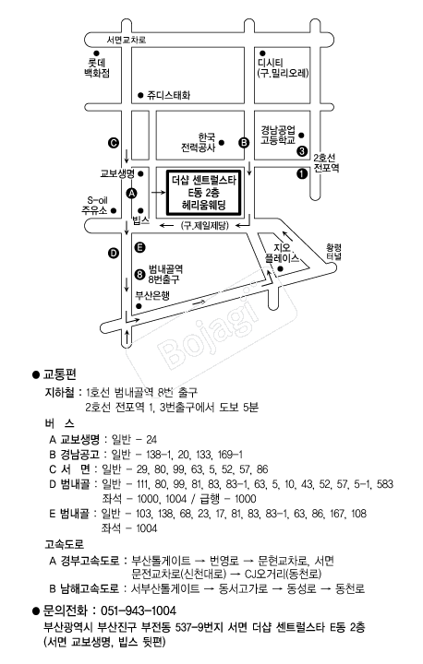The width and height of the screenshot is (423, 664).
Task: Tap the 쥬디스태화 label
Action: click(167, 95)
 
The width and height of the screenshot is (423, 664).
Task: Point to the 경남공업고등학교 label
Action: click(278, 136)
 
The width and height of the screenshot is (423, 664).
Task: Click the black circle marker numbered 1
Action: click(300, 172)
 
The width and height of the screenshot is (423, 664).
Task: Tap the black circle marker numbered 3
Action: click(301, 151)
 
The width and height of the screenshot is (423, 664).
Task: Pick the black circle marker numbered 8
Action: click(139, 274)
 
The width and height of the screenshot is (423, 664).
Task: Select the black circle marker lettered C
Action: click(114, 142)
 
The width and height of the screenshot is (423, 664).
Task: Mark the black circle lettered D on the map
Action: click(114, 253)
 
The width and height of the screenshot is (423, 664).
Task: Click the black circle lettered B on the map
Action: click(244, 142)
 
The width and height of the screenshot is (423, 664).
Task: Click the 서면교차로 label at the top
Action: click(127, 40)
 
